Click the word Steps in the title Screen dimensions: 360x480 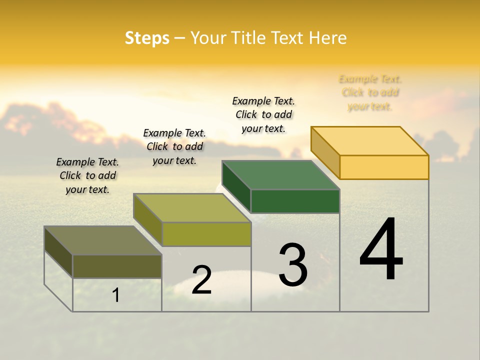(x=147, y=38)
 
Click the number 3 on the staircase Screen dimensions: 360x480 (x=292, y=265)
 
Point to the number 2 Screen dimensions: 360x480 (x=201, y=280)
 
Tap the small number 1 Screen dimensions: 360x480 (x=116, y=295)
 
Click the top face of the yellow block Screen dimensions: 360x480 (x=370, y=140)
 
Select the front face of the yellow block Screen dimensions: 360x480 (x=384, y=167)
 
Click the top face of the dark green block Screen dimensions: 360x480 (x=281, y=175)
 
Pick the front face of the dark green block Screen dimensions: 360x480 (x=295, y=201)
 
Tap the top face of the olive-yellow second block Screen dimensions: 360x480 (x=192, y=208)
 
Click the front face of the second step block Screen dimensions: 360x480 (x=206, y=234)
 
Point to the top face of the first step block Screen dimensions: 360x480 (x=103, y=240)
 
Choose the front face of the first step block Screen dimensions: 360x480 (x=117, y=266)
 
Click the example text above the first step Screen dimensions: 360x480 (x=87, y=175)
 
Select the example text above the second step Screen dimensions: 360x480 (x=174, y=146)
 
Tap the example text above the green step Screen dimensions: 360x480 (x=263, y=114)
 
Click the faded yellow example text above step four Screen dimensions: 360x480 (x=370, y=92)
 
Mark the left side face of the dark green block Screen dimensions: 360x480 (x=236, y=186)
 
